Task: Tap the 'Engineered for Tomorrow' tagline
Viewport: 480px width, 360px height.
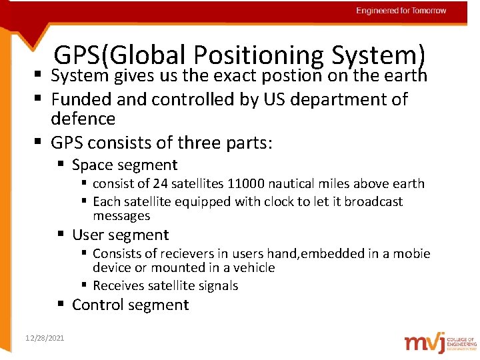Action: pyautogui.click(x=401, y=11)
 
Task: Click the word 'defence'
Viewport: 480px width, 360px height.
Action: pyautogui.click(x=83, y=119)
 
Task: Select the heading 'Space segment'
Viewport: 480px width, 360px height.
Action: pyautogui.click(x=125, y=164)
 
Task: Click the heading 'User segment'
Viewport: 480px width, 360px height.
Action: pyautogui.click(x=120, y=235)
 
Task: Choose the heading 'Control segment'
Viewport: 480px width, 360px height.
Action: pyautogui.click(x=130, y=305)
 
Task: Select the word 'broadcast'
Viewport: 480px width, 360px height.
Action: pyautogui.click(x=373, y=201)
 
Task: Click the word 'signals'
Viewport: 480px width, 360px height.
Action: pyautogui.click(x=215, y=285)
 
